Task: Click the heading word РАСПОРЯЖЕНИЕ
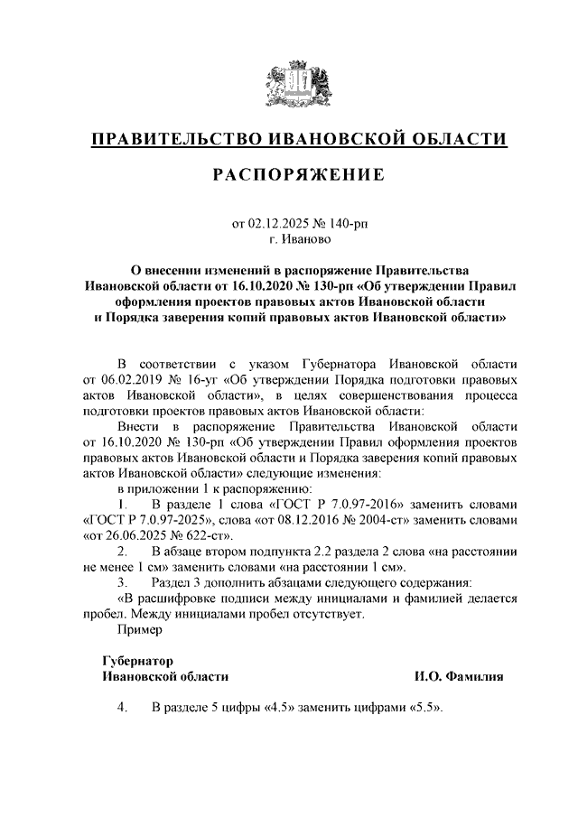(298, 175)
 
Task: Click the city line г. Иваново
(300, 239)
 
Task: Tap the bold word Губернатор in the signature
(137, 661)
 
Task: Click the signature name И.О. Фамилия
(459, 676)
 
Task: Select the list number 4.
(122, 708)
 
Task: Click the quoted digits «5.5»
(427, 708)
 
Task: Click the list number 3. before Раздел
(122, 582)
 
